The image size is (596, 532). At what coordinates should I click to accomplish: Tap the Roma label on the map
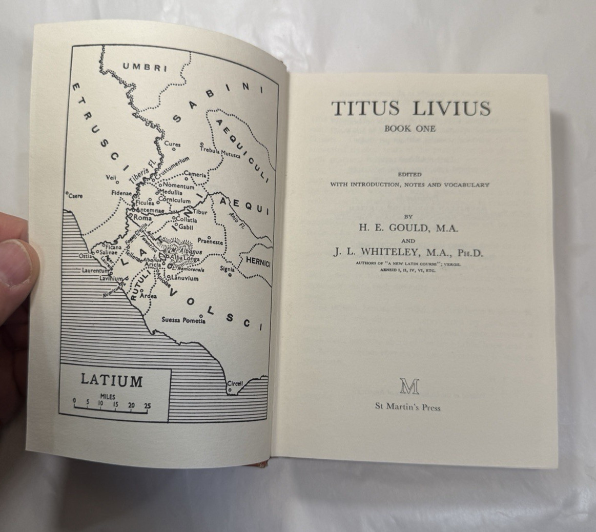click(143, 218)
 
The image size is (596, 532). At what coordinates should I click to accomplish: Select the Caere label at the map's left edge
click(75, 196)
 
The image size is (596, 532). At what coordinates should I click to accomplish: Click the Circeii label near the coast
click(234, 384)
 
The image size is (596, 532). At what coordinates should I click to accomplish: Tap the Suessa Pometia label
click(183, 320)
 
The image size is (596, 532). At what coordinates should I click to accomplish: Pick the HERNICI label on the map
click(257, 261)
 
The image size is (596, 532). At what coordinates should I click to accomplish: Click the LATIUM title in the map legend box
click(111, 381)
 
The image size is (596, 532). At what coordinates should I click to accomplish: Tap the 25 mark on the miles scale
click(148, 405)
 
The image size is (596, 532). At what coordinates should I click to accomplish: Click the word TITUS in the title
click(359, 108)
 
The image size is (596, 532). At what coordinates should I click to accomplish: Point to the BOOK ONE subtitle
click(410, 129)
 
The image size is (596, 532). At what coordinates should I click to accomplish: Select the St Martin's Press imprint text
click(408, 407)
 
